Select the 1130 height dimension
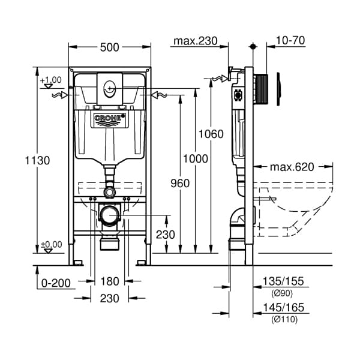point(37,160)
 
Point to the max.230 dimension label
point(194,41)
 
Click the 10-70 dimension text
point(290,41)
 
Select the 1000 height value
point(196,158)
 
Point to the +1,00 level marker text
point(51,80)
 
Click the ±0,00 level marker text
point(51,244)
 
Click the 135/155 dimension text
point(284,280)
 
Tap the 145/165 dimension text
point(284,307)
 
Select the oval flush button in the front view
point(109,88)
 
